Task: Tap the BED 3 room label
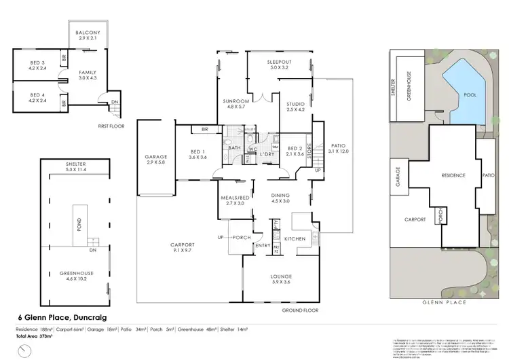pos(37,65)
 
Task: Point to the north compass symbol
pos(25,350)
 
